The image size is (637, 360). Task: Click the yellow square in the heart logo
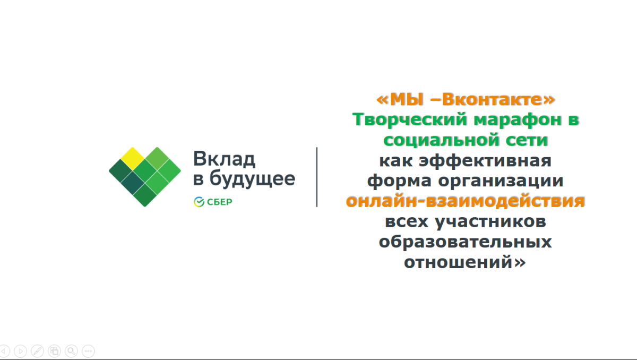133,159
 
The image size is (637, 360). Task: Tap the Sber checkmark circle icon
199,202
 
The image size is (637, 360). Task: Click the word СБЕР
220,202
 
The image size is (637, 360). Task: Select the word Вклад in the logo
224,159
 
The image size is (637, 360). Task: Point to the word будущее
252,179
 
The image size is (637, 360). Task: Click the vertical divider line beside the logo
317,177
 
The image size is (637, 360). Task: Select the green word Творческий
410,119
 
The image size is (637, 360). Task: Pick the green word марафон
518,119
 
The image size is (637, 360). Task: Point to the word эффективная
485,161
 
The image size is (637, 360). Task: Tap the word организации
501,181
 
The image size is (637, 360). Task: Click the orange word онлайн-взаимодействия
465,201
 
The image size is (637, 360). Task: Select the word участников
490,221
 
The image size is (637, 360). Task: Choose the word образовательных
465,242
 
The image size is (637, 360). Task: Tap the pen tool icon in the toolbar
37,351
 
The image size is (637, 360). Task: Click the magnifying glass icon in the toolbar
71,351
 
